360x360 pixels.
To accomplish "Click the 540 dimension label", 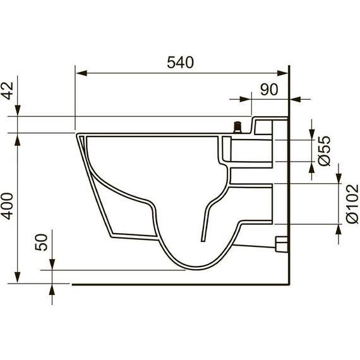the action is [x=181, y=63].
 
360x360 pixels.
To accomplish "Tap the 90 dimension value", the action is [x=269, y=90].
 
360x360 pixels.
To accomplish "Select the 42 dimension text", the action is [x=8, y=91].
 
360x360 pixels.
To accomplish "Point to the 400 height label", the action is [x=8, y=206].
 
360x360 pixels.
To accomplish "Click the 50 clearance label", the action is [x=41, y=242].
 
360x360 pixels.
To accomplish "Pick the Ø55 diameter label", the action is [x=325, y=151].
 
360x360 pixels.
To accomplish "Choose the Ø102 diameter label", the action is [x=352, y=203].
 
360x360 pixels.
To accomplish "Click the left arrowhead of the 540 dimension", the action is [x=81, y=73].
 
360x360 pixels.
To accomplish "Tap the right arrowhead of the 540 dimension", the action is [x=282, y=73].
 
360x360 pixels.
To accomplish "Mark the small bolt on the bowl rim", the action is [x=237, y=127].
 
